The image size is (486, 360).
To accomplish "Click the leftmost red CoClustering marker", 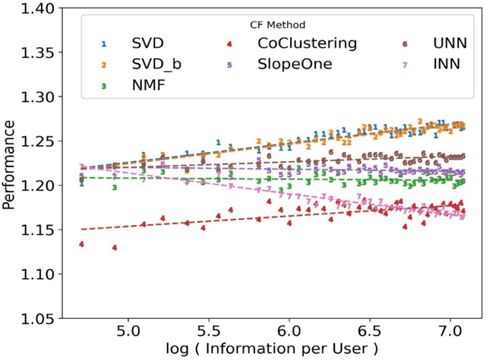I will point(81,244).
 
